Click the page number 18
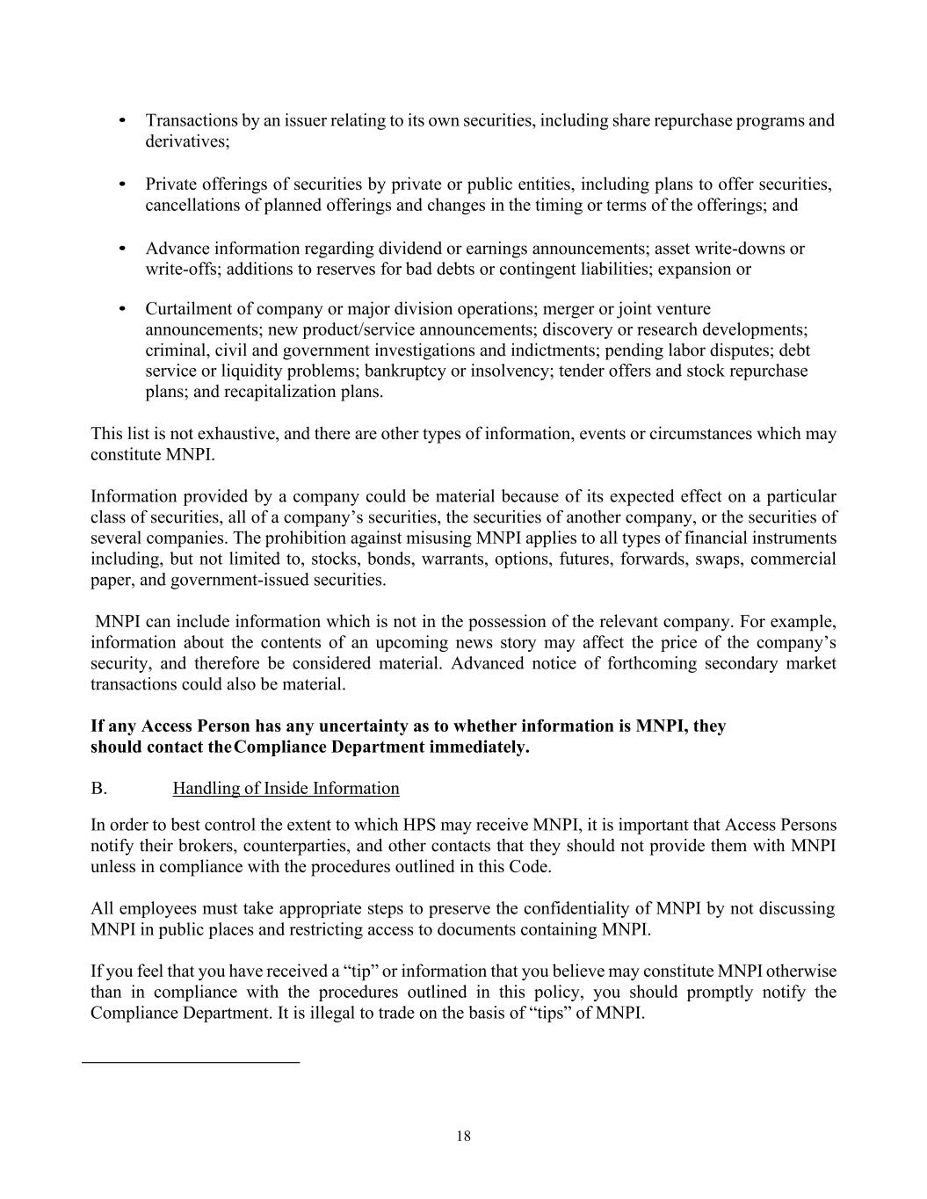[463, 1136]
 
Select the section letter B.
[98, 788]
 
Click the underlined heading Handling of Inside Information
[286, 788]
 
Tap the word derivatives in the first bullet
[185, 141]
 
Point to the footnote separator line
[191, 1063]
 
